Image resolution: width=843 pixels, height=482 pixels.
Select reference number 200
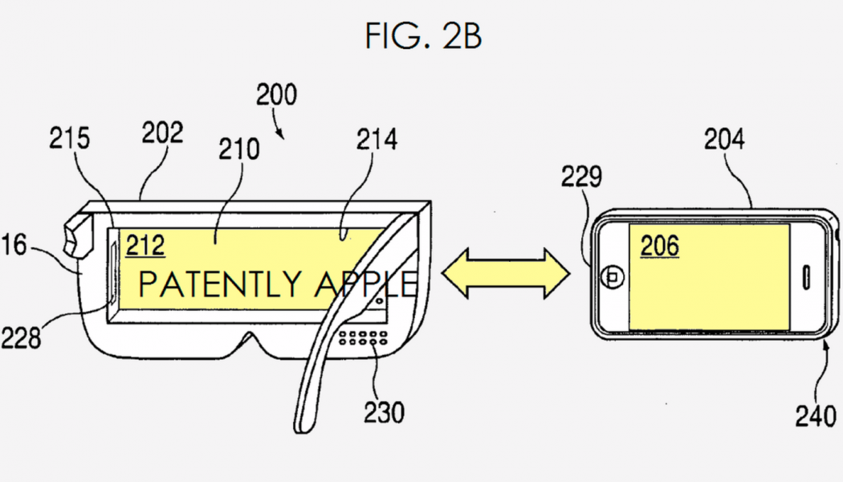[x=276, y=95]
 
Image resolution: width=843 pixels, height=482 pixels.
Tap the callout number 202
[x=164, y=133]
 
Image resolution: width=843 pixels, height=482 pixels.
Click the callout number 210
[x=236, y=149]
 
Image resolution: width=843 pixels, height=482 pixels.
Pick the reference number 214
[x=378, y=141]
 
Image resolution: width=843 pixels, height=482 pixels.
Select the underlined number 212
[x=145, y=244]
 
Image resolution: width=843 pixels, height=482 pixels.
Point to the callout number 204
[x=724, y=140]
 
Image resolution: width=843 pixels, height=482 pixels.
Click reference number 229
[x=603, y=178]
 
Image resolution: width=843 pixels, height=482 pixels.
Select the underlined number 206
[x=659, y=245]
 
